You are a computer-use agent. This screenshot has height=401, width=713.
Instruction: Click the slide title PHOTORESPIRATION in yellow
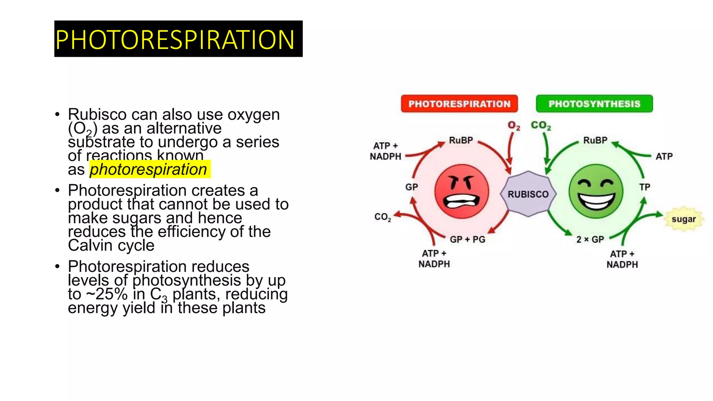175,39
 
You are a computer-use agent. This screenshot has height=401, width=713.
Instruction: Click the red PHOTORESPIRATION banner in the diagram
459,104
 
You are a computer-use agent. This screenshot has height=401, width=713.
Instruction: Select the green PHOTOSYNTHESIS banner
594,104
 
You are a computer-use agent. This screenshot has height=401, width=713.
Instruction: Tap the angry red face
462,191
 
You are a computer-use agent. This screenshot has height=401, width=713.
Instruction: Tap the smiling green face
596,191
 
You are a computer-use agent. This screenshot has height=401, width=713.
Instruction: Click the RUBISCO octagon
528,194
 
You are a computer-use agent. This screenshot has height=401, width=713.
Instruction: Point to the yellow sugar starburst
683,219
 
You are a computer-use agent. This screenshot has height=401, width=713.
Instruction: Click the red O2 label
514,126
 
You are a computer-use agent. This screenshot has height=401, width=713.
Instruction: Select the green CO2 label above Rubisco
541,126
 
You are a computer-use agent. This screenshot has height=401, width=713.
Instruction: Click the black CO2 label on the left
383,217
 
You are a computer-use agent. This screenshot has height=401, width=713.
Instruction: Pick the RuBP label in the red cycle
461,140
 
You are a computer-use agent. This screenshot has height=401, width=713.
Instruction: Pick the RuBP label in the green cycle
595,140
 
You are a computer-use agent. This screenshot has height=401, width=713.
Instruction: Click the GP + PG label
467,239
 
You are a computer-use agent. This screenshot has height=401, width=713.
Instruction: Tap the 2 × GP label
590,239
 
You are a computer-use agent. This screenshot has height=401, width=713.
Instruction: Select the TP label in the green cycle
645,187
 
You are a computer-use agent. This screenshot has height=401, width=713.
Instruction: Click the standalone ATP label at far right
664,157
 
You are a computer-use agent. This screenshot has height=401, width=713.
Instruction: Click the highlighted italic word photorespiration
149,170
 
